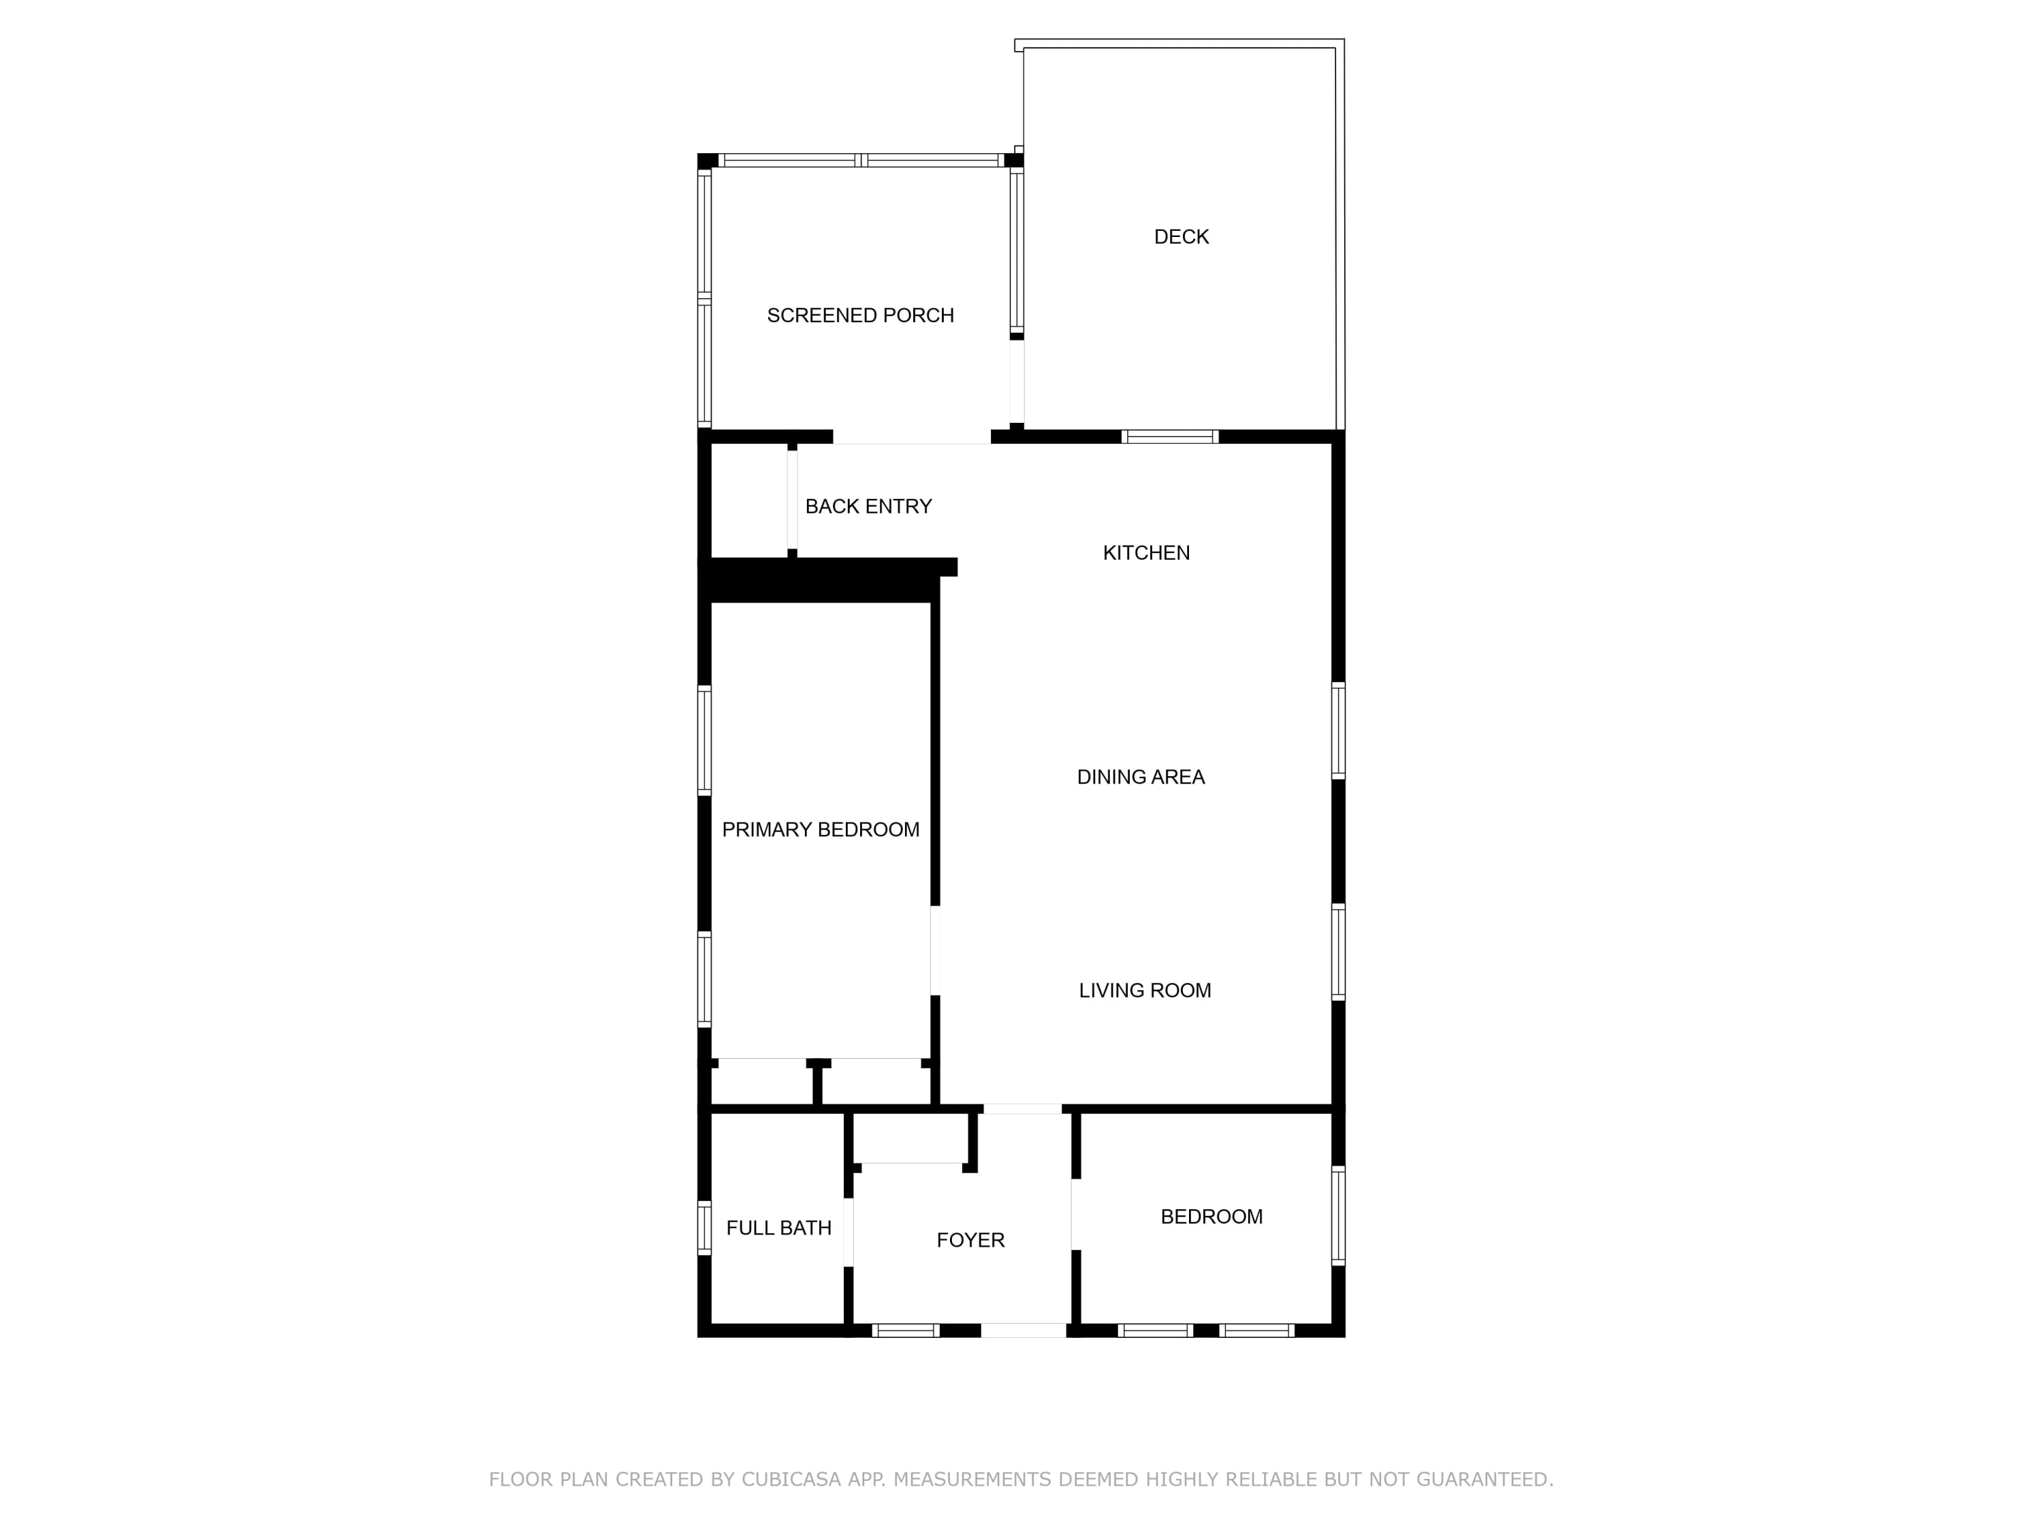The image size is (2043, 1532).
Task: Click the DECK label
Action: click(1182, 238)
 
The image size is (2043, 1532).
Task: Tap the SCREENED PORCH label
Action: click(860, 316)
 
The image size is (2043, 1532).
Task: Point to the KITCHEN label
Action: click(1146, 553)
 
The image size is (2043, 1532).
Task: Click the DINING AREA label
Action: click(1141, 778)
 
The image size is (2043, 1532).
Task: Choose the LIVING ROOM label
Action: click(1144, 991)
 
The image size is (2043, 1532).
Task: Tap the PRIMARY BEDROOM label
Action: click(820, 830)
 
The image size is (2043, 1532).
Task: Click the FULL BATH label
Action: click(778, 1228)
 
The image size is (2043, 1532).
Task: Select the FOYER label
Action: click(970, 1240)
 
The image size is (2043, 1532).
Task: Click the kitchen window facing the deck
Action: click(1169, 437)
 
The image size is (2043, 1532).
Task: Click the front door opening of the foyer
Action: click(1024, 1330)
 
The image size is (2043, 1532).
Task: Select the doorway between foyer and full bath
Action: click(848, 1232)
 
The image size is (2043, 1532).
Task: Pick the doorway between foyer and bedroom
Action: click(1076, 1214)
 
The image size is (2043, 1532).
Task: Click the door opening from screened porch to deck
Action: click(1017, 381)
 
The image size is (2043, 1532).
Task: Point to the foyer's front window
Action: click(905, 1330)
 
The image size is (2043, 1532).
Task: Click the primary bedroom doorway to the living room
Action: click(935, 951)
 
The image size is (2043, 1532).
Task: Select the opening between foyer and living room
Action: click(1022, 1108)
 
